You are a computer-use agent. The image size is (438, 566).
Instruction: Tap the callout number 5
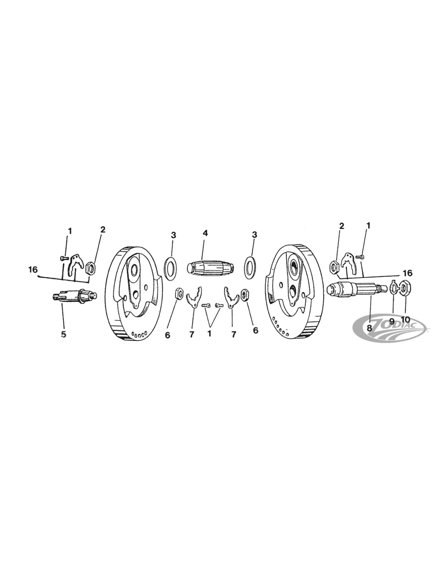click(63, 334)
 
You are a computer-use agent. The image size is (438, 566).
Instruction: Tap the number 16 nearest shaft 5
click(33, 269)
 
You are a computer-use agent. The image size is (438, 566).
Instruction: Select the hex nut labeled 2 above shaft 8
click(334, 267)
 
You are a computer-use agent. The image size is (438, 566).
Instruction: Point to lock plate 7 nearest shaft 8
click(231, 297)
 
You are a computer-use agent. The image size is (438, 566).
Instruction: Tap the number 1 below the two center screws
click(209, 334)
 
